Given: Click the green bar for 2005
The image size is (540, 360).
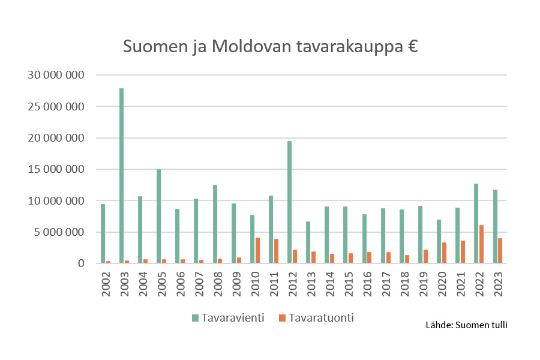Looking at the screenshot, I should point(158,216).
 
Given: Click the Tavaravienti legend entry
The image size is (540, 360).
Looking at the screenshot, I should point(229,317).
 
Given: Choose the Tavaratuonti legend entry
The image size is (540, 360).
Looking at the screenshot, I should point(316,317).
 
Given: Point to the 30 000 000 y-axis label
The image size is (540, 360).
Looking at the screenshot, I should point(55,75).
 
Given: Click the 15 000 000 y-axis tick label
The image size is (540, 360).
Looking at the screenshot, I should point(55,169).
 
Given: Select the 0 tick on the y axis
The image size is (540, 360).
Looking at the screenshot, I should point(80,263).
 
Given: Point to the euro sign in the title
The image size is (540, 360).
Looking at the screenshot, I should point(410,47).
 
